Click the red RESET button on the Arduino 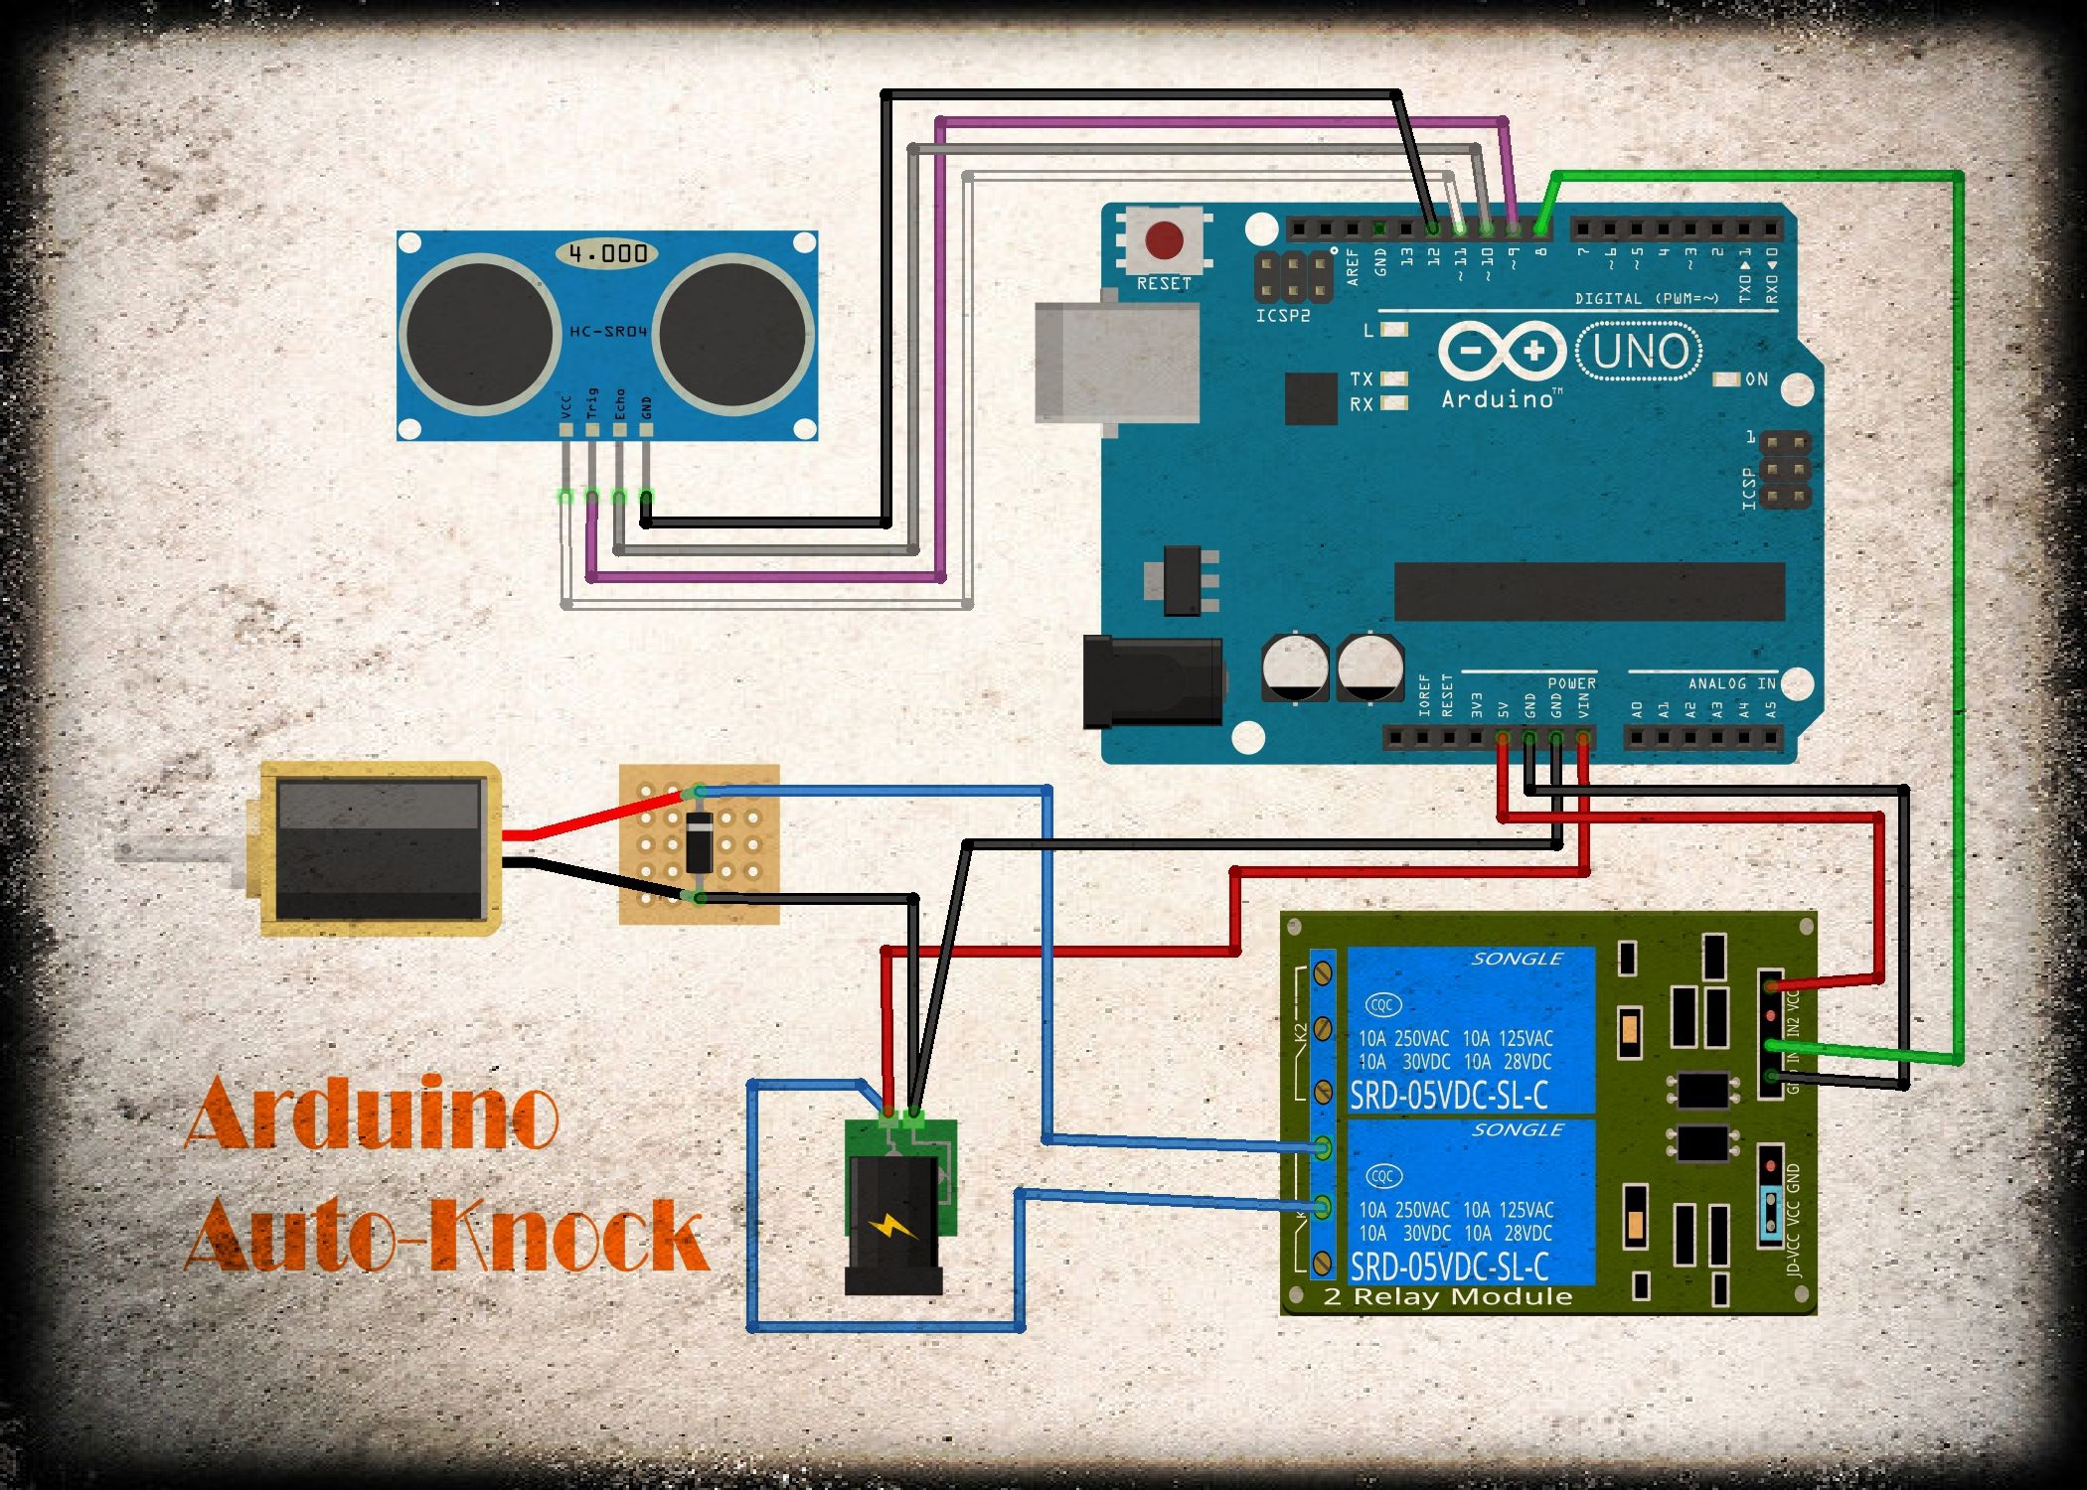coord(1164,239)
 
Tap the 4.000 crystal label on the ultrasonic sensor coord(608,253)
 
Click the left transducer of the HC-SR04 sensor coord(479,333)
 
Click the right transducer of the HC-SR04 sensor coord(732,333)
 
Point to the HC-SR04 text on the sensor coord(607,331)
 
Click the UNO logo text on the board coord(1640,352)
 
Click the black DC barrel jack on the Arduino coord(1153,682)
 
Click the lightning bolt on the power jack coord(893,1227)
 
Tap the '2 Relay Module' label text coord(1447,1296)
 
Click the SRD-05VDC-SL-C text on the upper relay coord(1448,1095)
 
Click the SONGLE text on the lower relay coord(1517,1130)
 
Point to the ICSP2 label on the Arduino coord(1282,316)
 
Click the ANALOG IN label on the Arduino coord(1731,683)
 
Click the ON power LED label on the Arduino coord(1756,379)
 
